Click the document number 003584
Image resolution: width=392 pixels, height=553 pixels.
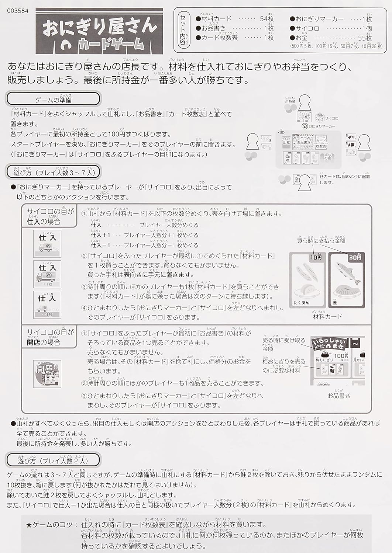click(18, 11)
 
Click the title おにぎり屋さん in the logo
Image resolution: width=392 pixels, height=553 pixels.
click(100, 27)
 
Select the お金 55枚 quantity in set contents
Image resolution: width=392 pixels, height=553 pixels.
click(365, 38)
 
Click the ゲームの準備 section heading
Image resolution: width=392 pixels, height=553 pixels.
click(54, 100)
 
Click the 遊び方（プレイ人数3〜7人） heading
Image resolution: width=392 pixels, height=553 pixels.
click(54, 172)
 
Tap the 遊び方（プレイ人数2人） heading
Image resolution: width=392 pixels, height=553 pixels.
click(53, 460)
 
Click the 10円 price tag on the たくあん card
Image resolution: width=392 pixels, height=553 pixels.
click(316, 257)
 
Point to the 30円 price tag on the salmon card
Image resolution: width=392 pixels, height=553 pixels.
click(355, 257)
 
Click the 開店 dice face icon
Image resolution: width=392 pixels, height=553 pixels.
click(47, 374)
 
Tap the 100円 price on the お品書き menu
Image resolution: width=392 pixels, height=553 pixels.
click(341, 355)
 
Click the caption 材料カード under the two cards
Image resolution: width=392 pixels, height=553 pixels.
click(327, 316)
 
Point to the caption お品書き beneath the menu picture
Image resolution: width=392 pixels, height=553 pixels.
click(338, 396)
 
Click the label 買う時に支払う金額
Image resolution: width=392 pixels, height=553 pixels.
click(321, 241)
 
